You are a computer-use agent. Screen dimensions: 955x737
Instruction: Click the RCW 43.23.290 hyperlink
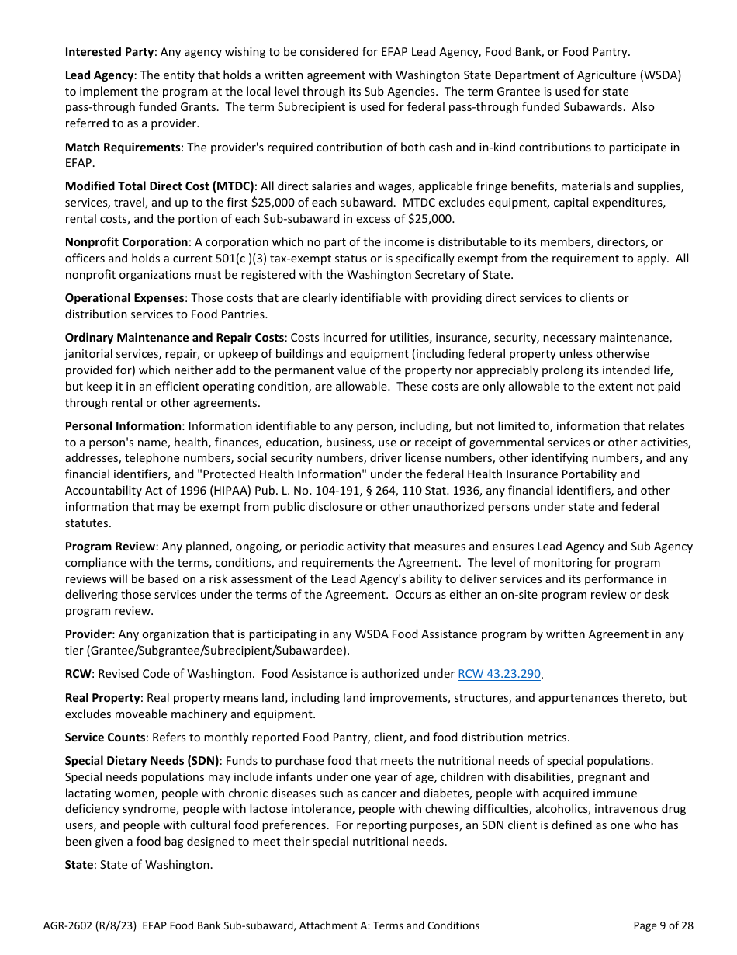(x=499, y=674)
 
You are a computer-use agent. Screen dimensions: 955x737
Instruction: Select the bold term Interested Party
(x=109, y=52)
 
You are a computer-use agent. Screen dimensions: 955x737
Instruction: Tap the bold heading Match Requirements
(x=123, y=147)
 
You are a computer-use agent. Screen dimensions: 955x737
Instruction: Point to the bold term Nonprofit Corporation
(x=126, y=242)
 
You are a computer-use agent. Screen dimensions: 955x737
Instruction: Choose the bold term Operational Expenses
(x=125, y=298)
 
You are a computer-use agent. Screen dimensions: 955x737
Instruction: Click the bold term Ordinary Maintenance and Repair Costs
(x=175, y=338)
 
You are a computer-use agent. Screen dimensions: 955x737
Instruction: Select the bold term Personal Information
(x=123, y=426)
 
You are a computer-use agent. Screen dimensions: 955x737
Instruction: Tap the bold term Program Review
(x=110, y=547)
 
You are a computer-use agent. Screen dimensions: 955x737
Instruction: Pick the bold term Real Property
(x=102, y=698)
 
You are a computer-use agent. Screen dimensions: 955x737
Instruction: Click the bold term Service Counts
(x=106, y=738)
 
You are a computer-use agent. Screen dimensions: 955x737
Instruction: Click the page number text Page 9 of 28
(x=663, y=925)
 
